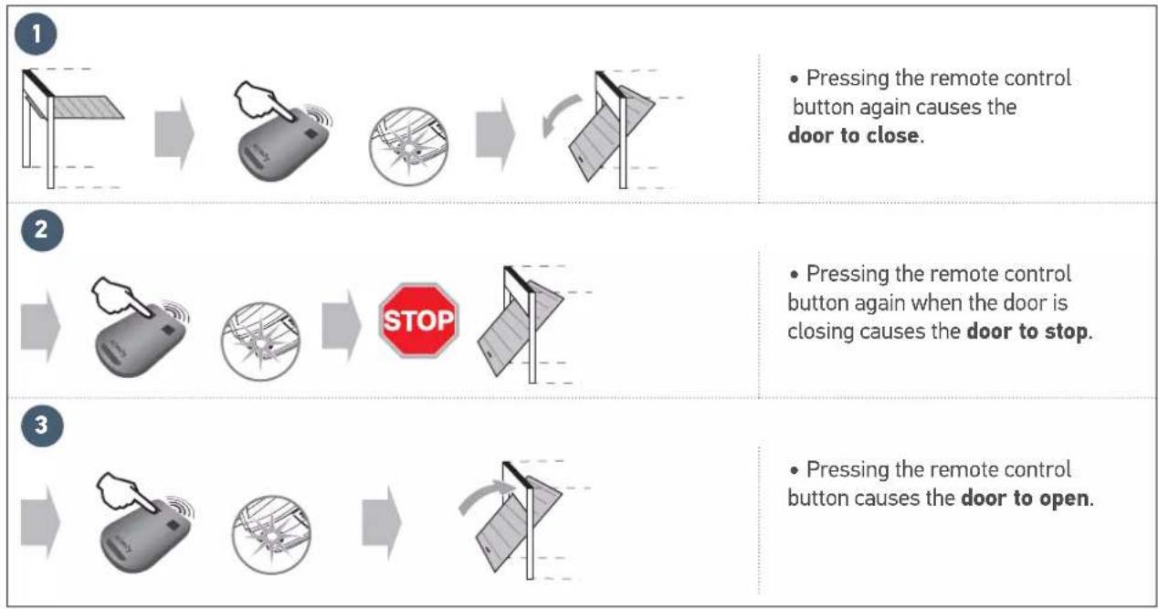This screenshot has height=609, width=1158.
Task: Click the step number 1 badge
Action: coord(37,36)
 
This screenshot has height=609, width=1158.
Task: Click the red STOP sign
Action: coord(418,320)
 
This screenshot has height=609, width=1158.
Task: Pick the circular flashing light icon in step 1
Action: coord(408,149)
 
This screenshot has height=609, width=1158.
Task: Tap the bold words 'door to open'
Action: coord(1025,500)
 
